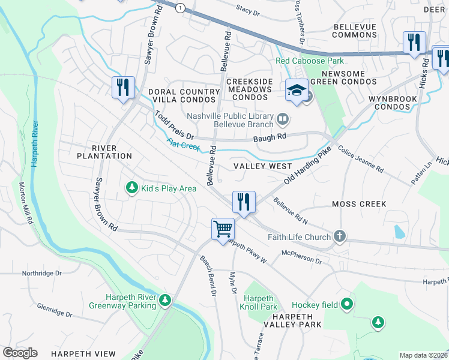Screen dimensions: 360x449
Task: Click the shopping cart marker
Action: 223,229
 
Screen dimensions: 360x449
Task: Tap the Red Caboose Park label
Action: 310,61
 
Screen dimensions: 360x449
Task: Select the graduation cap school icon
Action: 297,90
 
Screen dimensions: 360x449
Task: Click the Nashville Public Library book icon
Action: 282,119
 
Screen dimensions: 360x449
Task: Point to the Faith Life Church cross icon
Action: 340,236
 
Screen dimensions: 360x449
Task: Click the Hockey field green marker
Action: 346,305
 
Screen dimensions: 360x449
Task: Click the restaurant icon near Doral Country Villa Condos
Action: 123,87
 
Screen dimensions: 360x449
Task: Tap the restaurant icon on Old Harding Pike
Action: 244,202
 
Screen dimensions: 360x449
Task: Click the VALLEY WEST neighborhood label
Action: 262,166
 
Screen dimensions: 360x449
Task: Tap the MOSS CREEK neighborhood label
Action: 359,204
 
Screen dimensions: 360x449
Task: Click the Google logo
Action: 20,353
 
